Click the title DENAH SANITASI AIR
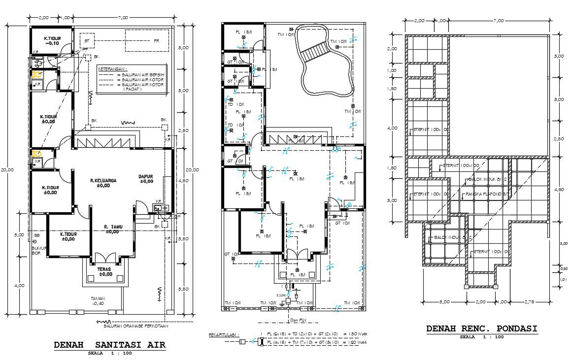tap(109, 345)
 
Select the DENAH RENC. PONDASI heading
tap(481, 329)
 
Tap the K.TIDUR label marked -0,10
tap(52, 41)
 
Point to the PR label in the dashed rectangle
tap(156, 40)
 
